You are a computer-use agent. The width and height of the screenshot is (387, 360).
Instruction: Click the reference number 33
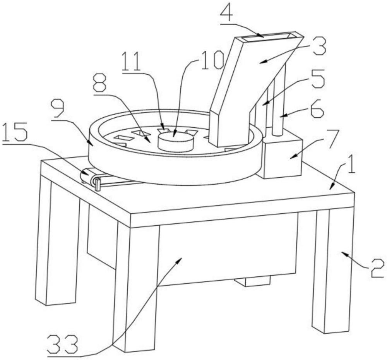(x=63, y=344)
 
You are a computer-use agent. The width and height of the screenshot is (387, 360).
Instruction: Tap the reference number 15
(x=15, y=133)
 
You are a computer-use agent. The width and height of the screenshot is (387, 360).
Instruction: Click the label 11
(x=132, y=61)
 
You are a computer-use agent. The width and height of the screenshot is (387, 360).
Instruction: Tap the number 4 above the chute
(x=226, y=14)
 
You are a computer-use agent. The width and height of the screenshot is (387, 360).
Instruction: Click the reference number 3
(x=319, y=46)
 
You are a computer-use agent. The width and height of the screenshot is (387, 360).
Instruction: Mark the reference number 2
(x=377, y=268)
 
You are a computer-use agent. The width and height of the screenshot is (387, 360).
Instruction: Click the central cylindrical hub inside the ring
(x=175, y=141)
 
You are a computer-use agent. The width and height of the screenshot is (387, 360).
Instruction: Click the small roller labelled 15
(x=90, y=177)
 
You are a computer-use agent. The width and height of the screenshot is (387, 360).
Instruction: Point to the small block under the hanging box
(x=252, y=281)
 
